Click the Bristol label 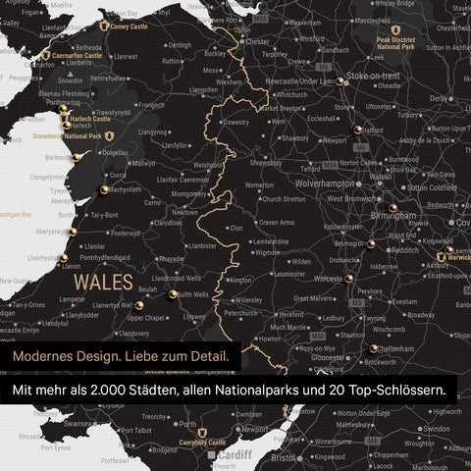(x=284, y=457)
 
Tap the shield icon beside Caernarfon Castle (x=46, y=58)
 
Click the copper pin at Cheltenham (x=374, y=347)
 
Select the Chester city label (x=258, y=42)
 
